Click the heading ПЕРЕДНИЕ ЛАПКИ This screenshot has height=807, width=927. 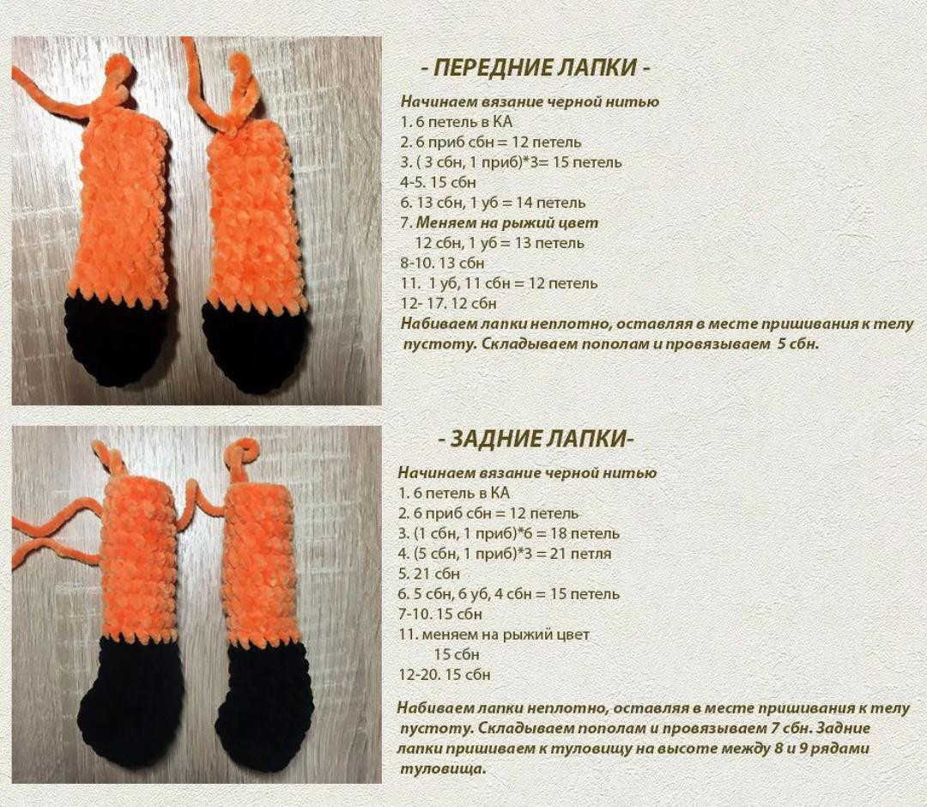(x=536, y=68)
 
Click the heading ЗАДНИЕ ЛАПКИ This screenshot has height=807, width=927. (x=536, y=440)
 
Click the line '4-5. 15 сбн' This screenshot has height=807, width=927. (x=438, y=182)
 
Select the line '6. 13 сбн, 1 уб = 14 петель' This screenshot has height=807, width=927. (x=493, y=203)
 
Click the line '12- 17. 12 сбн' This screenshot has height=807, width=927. (x=448, y=303)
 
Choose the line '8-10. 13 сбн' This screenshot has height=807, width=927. (x=442, y=263)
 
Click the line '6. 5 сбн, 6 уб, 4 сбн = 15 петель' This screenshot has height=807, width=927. (x=508, y=594)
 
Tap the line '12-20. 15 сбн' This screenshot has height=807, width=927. (x=445, y=675)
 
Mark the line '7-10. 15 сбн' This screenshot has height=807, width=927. (x=440, y=614)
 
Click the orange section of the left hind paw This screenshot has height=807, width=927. (x=137, y=558)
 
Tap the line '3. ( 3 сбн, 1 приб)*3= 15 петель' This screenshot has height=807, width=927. (x=511, y=162)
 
